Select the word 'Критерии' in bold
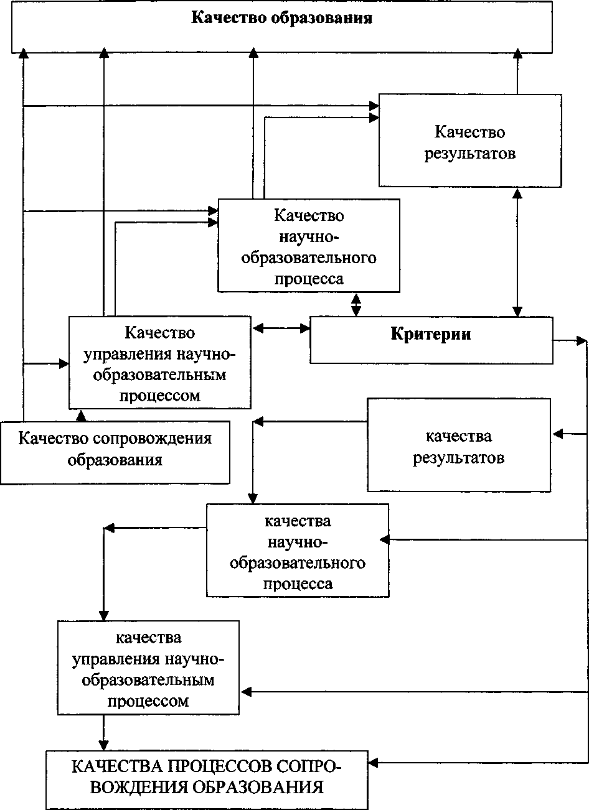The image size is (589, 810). coord(431,334)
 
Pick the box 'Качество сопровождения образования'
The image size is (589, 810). coord(115,449)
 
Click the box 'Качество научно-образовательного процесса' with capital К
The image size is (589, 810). coord(308,246)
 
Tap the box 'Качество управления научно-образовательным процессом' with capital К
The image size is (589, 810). coord(159,363)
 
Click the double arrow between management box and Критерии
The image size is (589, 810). coord(281,327)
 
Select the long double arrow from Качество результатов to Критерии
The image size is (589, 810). coord(517,252)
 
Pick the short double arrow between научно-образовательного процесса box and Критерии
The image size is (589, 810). coord(356,304)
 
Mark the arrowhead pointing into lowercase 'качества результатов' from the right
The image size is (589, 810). coord(557,433)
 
